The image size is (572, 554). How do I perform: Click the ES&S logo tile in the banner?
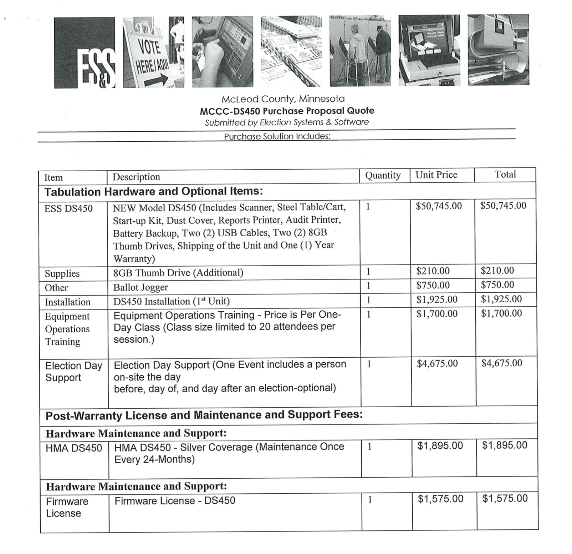(85, 52)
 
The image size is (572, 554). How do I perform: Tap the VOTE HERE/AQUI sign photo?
(154, 52)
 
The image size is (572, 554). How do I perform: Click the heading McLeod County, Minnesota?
(283, 99)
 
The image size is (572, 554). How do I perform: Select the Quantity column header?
(383, 175)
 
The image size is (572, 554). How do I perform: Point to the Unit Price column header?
(436, 175)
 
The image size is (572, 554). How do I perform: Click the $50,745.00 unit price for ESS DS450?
(439, 206)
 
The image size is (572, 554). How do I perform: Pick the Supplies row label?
(62, 274)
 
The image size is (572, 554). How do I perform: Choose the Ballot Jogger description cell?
(141, 287)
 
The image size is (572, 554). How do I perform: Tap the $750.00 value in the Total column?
(497, 285)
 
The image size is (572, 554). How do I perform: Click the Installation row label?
(67, 302)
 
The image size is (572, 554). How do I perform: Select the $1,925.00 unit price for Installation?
(437, 299)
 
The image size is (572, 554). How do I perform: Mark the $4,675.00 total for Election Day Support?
(501, 363)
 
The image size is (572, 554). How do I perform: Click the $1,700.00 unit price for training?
(437, 314)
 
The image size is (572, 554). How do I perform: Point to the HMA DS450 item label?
(73, 448)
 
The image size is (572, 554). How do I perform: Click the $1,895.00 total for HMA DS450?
(504, 445)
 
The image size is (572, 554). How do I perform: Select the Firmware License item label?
(67, 507)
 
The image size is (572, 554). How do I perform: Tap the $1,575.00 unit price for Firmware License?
(440, 499)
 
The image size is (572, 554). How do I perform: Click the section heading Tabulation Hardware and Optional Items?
(153, 192)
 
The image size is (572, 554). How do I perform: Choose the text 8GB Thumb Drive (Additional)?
(178, 273)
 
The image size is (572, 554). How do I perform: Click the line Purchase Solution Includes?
(277, 136)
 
